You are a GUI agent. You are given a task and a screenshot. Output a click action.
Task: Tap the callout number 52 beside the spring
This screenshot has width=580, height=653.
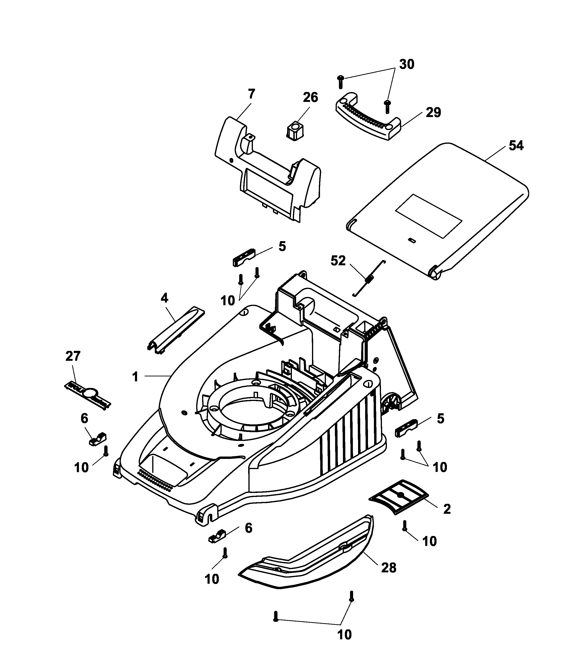click(x=338, y=261)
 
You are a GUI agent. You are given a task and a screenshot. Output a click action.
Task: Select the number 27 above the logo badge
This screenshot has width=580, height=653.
click(x=73, y=356)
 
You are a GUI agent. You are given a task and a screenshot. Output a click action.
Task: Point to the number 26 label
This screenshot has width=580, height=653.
click(x=310, y=97)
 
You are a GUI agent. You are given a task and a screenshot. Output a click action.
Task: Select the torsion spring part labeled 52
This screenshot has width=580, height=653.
click(x=369, y=278)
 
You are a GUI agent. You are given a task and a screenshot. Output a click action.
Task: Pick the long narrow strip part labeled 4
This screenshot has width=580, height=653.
click(x=175, y=330)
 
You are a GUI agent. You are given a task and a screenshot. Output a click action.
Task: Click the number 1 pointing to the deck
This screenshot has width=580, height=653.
click(x=135, y=377)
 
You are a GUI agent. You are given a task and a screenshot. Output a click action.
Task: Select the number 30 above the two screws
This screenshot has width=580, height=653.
click(x=407, y=65)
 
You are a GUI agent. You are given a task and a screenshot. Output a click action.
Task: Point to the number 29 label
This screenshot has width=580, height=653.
click(x=433, y=113)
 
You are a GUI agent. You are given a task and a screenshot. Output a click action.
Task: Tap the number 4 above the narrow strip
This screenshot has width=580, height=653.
click(x=164, y=298)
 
